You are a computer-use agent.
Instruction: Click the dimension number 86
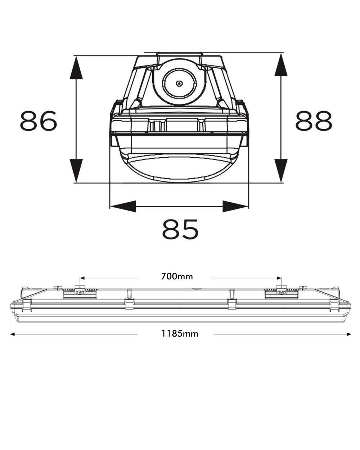[x=39, y=121]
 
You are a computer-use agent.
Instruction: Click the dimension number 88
[x=314, y=121]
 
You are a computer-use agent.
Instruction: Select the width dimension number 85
[x=180, y=229]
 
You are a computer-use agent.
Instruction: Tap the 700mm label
[x=177, y=276]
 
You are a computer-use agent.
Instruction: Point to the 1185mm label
[x=180, y=333]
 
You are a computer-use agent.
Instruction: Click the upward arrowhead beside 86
[x=76, y=68]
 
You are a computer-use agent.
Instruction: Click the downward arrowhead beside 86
[x=76, y=170]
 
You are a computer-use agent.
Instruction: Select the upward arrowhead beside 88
[x=281, y=64]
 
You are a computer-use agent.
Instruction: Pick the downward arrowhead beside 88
[x=281, y=170]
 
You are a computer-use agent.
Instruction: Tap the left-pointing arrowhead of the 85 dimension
[x=123, y=206]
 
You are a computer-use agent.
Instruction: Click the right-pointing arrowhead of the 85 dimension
[x=235, y=206]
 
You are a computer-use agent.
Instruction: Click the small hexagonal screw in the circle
[x=179, y=84]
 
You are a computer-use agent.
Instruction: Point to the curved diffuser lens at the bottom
[x=180, y=168]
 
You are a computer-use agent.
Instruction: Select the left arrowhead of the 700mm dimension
[x=82, y=278]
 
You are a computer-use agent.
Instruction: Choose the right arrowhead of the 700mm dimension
[x=279, y=278]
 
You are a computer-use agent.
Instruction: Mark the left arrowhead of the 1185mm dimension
[x=12, y=334]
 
